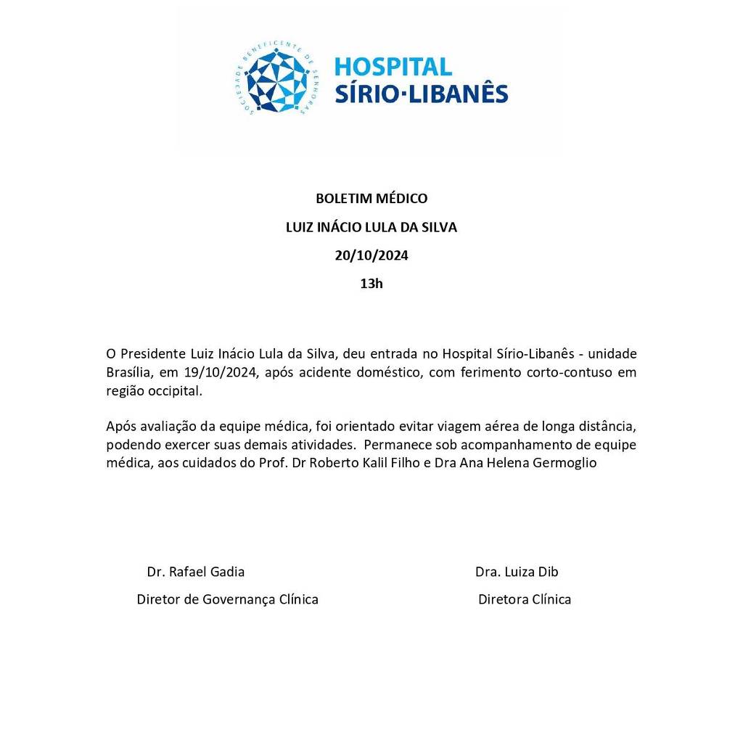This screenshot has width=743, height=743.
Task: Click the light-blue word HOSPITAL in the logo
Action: pyautogui.click(x=393, y=67)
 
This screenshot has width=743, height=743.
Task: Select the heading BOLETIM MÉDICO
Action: pyautogui.click(x=371, y=198)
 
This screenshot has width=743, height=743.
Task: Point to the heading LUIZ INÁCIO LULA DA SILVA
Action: pyautogui.click(x=371, y=227)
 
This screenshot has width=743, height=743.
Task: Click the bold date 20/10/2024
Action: pyautogui.click(x=371, y=255)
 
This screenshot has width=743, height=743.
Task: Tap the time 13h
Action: pyautogui.click(x=371, y=284)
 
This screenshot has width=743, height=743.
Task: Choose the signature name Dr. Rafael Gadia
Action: pyautogui.click(x=196, y=572)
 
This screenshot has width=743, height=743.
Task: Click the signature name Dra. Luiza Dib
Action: pyautogui.click(x=517, y=572)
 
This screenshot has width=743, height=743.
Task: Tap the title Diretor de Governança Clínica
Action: pyautogui.click(x=227, y=599)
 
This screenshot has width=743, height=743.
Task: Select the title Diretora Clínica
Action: pyautogui.click(x=524, y=599)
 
